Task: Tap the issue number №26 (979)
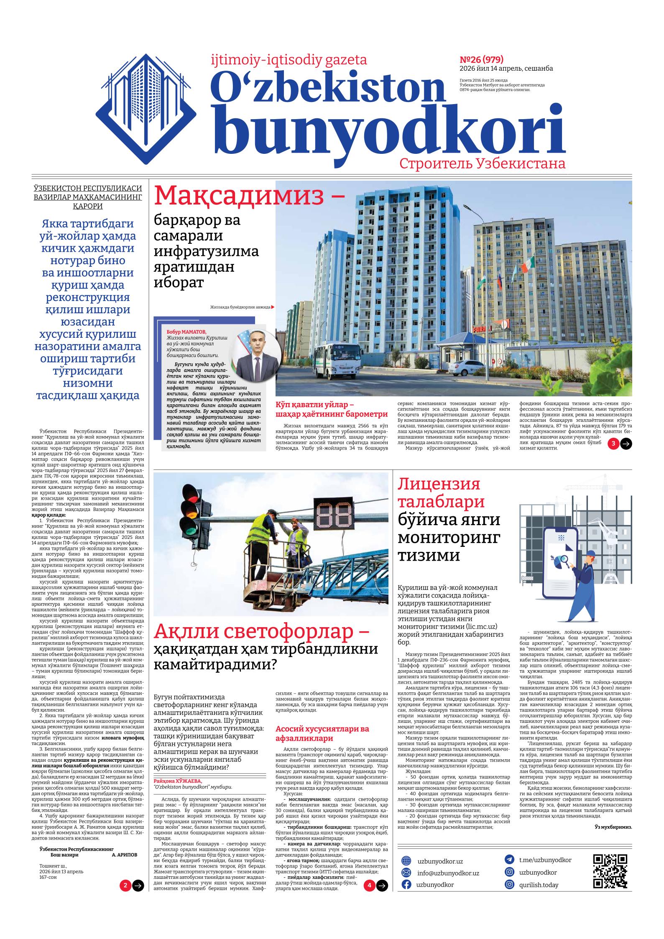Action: coord(481,59)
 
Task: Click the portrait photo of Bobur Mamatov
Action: coord(256,354)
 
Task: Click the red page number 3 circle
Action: coord(613,444)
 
